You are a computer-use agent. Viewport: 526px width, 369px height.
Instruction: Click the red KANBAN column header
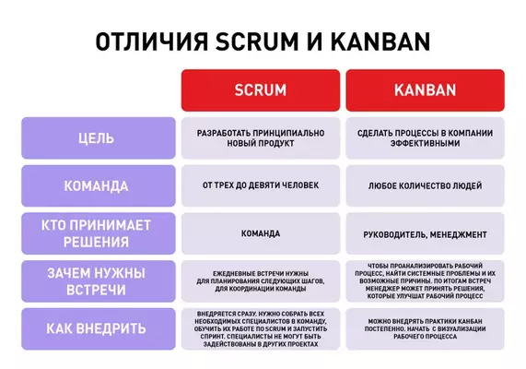(x=425, y=90)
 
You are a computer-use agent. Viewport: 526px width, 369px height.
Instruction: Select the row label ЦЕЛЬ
(x=97, y=138)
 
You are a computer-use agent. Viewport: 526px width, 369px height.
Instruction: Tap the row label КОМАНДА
(x=97, y=185)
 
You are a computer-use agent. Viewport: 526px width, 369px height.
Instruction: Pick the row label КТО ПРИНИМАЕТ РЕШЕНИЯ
(x=97, y=233)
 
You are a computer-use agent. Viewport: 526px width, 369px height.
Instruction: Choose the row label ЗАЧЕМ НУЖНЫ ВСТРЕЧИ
(x=97, y=281)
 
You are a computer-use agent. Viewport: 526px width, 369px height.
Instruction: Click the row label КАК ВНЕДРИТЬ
(x=97, y=328)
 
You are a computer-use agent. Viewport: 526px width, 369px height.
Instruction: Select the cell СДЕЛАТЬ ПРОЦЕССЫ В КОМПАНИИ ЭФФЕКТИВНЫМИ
(x=425, y=138)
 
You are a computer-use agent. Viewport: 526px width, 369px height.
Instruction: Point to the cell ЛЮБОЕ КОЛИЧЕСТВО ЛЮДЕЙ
(x=425, y=185)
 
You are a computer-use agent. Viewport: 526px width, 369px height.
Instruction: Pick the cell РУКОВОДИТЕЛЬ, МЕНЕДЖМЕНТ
(x=425, y=233)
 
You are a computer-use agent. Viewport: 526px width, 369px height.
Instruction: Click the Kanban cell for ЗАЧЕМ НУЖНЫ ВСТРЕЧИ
(x=425, y=281)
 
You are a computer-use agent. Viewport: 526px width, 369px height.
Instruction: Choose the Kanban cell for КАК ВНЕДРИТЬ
(x=425, y=328)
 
